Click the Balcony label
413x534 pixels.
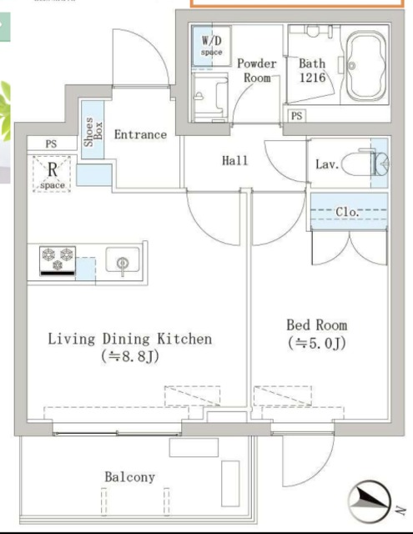point(129,477)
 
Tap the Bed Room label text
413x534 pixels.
point(317,325)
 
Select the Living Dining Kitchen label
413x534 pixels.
point(129,339)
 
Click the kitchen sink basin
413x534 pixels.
point(123,259)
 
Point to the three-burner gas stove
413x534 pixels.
point(58,261)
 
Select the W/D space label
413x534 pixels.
point(211,46)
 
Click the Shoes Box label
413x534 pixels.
point(93,132)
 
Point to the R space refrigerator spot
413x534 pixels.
point(52,174)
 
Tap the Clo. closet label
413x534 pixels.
point(347,212)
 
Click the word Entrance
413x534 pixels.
point(140,134)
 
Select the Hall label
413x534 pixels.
point(235,160)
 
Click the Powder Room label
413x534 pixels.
point(257,70)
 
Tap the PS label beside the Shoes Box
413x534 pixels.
point(51,144)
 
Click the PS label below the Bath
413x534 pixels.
point(296,116)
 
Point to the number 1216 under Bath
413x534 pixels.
point(313,78)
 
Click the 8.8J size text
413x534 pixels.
point(130,357)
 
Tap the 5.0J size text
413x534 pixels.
point(317,343)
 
